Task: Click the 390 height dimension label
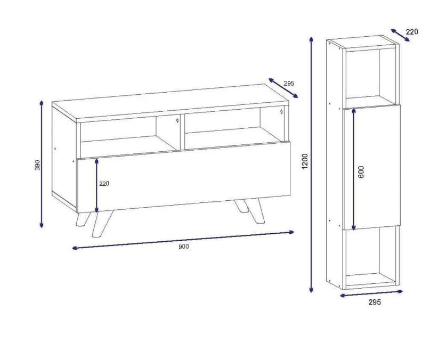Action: click(38, 165)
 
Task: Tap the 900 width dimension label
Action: click(183, 246)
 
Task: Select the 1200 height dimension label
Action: click(304, 161)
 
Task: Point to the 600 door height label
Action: click(361, 172)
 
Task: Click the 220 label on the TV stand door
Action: click(104, 184)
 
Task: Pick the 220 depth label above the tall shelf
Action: click(412, 32)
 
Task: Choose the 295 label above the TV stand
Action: click(289, 84)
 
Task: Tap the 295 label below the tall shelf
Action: click(375, 302)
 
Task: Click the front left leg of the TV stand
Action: click(102, 224)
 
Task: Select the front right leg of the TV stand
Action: click(255, 211)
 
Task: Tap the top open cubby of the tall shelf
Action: click(362, 76)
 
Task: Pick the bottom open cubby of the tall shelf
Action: click(362, 256)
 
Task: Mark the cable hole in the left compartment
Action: click(177, 120)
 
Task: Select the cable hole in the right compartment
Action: click(281, 111)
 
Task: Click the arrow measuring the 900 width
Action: click(183, 240)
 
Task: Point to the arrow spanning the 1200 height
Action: click(311, 165)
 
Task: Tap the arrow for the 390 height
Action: click(42, 164)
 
